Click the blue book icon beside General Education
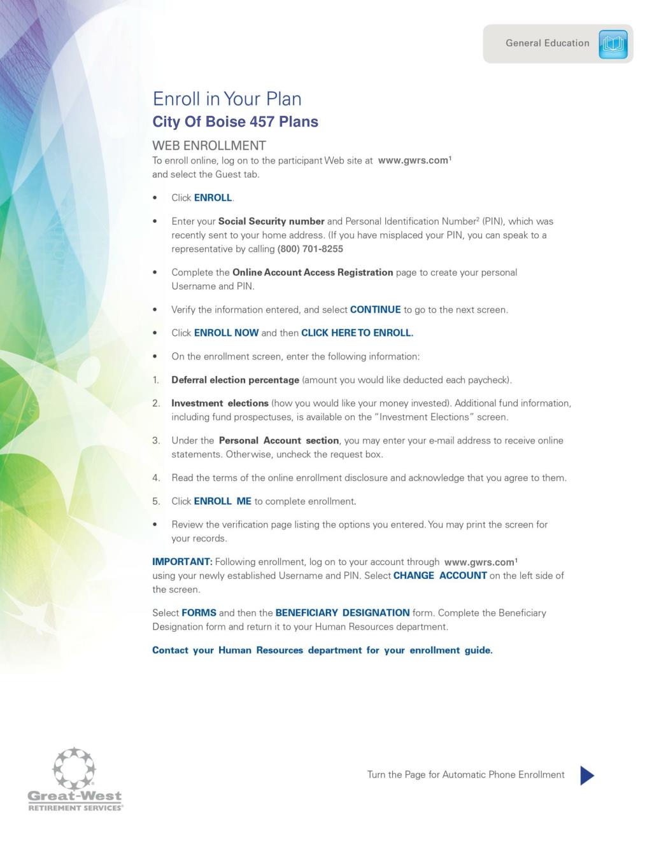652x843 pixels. pos(613,44)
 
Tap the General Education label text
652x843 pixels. pos(547,43)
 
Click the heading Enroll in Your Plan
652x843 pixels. pos(227,99)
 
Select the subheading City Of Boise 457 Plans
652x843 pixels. pos(235,122)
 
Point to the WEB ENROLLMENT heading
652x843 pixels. pos(209,145)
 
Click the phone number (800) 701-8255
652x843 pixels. pos(310,249)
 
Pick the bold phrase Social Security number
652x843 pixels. pos(271,221)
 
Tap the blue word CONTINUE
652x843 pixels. pos(375,310)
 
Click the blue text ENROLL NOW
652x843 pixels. pos(226,333)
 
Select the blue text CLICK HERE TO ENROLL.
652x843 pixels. pos(357,333)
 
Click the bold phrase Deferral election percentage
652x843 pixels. pos(235,380)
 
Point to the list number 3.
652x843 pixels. pos(156,440)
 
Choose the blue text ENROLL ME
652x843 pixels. pos(222,501)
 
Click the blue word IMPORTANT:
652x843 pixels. pos(182,562)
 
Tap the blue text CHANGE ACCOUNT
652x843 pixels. pos(440,576)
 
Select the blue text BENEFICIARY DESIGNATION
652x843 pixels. pos(343,613)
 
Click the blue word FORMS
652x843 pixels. pos(199,613)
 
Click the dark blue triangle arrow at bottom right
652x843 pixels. pos(587,775)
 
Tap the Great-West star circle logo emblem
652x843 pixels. pos(74,768)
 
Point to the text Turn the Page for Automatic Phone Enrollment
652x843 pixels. pos(465,775)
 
